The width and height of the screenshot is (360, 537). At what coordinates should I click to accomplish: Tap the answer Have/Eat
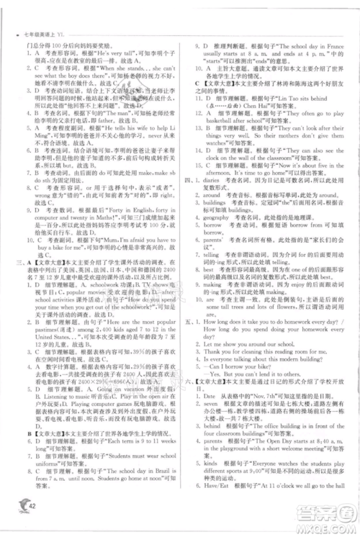click(x=217, y=486)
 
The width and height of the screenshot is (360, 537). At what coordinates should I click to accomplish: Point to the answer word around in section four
click(x=212, y=194)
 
